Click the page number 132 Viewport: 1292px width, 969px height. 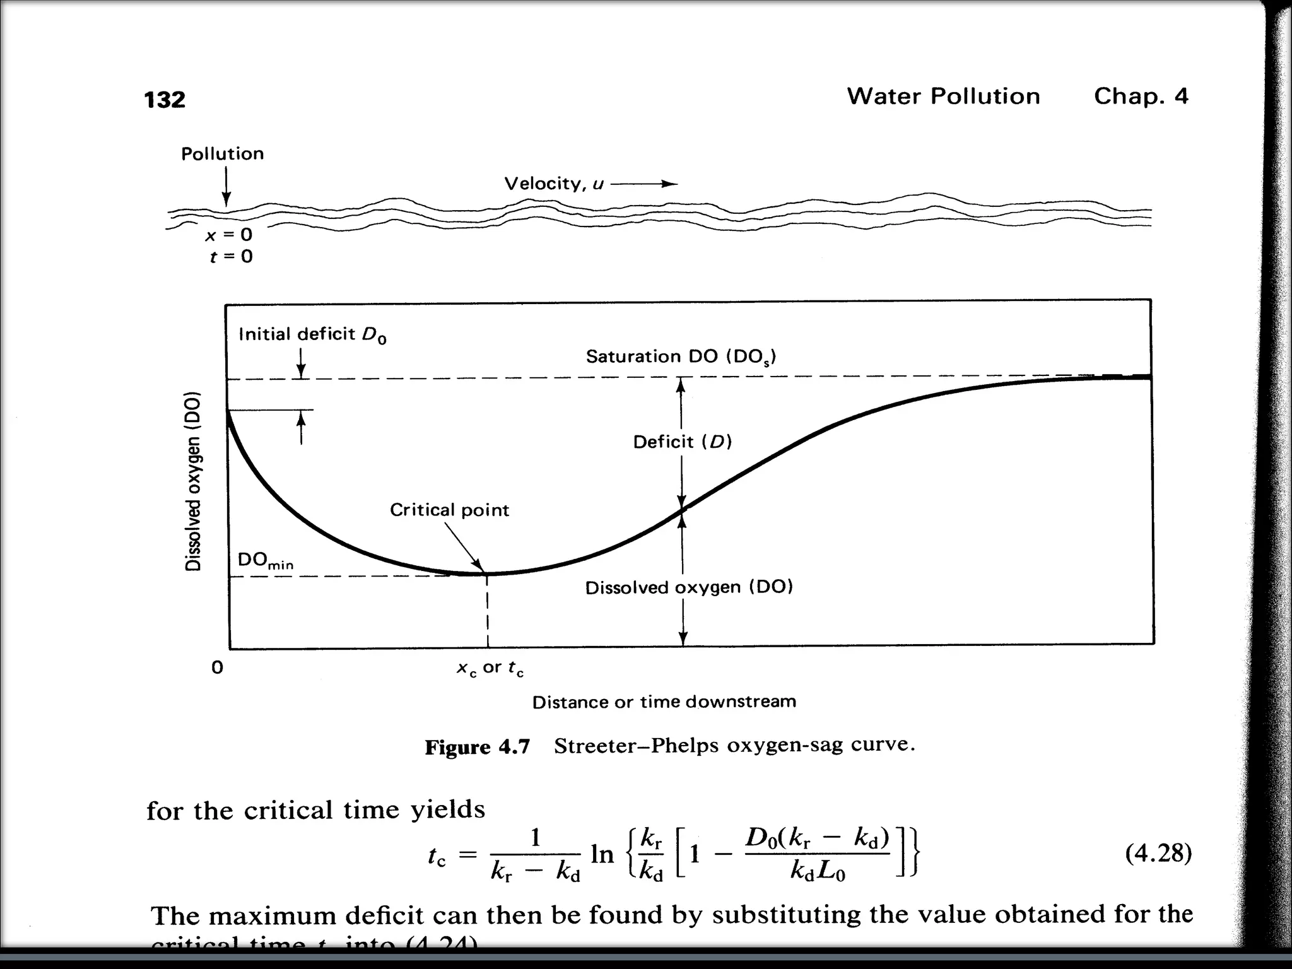point(165,100)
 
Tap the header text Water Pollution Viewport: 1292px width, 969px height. point(943,97)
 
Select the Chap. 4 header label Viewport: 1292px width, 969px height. point(1141,97)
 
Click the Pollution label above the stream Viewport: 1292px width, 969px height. point(222,154)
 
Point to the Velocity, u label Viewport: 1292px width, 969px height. point(554,184)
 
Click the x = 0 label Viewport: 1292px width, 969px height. point(228,235)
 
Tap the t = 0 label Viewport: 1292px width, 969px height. point(231,256)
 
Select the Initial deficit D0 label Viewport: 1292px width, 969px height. point(312,334)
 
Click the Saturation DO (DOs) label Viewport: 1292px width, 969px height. point(681,357)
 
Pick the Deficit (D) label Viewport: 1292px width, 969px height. point(682,442)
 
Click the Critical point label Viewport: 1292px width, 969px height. point(449,510)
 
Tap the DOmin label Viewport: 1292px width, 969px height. point(265,561)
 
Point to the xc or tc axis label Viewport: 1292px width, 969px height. point(490,668)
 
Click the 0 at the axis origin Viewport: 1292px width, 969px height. point(217,667)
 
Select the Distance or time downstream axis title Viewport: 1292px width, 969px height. point(664,702)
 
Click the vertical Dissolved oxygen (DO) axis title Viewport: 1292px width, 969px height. point(193,481)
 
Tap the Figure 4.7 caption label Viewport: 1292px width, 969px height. point(477,747)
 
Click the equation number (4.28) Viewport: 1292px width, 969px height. point(1158,853)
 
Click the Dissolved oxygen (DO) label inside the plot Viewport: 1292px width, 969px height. point(688,588)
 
